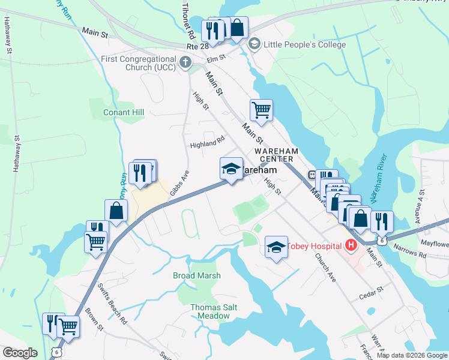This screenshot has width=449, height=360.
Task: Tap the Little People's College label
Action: [295, 43]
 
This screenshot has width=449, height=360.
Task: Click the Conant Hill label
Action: [124, 112]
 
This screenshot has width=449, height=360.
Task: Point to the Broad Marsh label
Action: [196, 275]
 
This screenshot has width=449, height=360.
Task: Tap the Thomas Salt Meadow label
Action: [214, 311]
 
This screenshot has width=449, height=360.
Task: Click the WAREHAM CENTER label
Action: [274, 155]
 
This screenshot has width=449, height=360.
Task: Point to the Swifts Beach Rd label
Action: [113, 311]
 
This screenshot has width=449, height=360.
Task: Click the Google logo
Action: [20, 353]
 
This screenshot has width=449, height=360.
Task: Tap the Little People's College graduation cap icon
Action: [254, 43]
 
